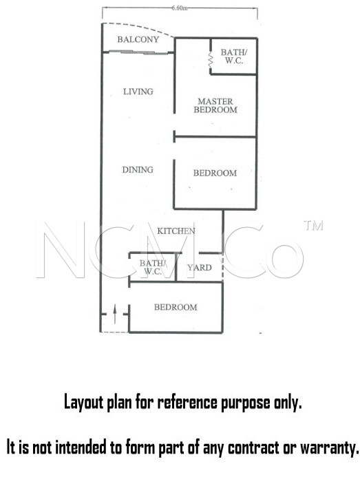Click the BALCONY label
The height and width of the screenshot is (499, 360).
click(x=138, y=39)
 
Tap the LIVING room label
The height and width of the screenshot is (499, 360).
click(x=138, y=92)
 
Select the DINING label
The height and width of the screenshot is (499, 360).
click(x=138, y=169)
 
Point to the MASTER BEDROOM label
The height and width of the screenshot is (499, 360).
click(x=215, y=106)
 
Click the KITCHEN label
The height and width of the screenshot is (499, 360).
click(x=176, y=231)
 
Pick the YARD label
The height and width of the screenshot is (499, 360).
click(x=200, y=268)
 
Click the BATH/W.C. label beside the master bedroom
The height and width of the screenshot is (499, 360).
click(x=234, y=56)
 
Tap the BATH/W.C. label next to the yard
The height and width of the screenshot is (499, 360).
click(x=153, y=267)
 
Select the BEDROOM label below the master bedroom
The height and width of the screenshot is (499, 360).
click(x=215, y=173)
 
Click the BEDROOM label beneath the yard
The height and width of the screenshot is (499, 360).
click(x=176, y=307)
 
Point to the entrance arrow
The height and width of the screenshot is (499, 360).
click(x=115, y=314)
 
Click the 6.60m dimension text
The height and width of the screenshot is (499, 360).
click(x=180, y=8)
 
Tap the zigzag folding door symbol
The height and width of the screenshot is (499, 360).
click(x=210, y=60)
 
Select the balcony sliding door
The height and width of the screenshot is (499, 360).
click(x=138, y=52)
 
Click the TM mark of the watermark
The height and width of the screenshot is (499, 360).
click(x=313, y=225)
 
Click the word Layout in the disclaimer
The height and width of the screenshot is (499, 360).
click(x=83, y=402)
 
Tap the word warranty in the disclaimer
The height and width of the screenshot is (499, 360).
click(x=330, y=448)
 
